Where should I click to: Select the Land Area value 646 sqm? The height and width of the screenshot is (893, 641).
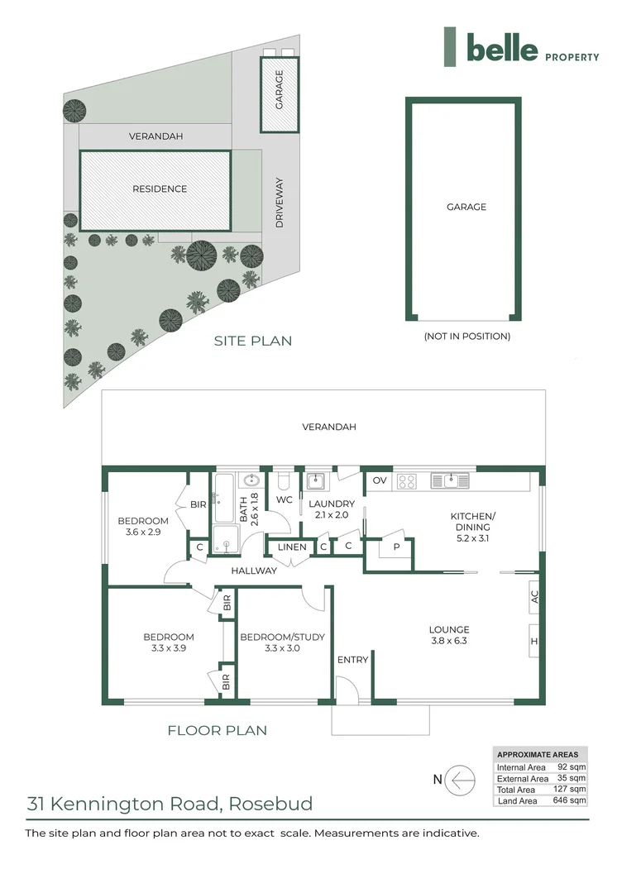pos(572,800)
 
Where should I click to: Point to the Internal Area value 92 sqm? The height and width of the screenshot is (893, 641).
pos(572,767)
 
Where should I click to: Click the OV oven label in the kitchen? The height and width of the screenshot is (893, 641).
pos(380,480)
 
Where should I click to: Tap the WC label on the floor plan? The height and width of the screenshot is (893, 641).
pos(284,500)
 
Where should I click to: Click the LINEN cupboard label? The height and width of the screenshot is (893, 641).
pos(292,547)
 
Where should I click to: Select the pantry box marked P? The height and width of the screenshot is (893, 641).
pos(395,547)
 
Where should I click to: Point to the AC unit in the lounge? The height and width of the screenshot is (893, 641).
pos(534,596)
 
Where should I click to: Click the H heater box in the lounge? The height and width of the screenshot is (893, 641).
pos(534,642)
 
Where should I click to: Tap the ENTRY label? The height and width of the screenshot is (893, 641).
pos(353,660)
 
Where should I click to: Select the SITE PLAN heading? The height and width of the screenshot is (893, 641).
pos(252,341)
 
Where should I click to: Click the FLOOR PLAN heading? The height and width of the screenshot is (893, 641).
pos(217,730)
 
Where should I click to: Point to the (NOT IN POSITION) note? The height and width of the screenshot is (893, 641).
pos(466,337)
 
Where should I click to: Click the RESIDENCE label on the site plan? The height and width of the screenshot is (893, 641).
pos(160,189)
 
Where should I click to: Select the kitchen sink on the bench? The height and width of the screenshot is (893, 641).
pos(450,480)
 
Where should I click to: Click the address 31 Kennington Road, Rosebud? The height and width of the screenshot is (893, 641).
pos(170,803)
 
